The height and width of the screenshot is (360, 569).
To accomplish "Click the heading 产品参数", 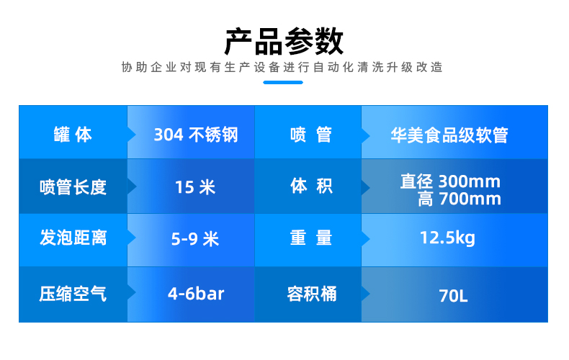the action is coord(284,41).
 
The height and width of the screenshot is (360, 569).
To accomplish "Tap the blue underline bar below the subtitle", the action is coord(283,82).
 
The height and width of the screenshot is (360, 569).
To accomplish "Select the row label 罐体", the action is coord(73,135).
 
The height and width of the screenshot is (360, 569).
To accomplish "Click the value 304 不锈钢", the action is coord(196,135).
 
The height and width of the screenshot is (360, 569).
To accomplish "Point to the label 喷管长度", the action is coord(73,187).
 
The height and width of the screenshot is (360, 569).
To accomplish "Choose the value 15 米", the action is coord(195,187).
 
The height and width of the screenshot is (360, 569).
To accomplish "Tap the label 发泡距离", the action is coord(73,238).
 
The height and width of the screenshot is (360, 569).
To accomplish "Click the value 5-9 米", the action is coord(195,239).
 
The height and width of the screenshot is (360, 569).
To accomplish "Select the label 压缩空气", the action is coord(73,294).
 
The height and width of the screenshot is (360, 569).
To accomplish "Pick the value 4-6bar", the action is coord(196,294).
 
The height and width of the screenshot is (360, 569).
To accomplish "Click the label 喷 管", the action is coord(311,135).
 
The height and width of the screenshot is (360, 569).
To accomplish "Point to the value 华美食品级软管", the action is coord(449,135).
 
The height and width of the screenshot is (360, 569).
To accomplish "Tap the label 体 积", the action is coord(311,186).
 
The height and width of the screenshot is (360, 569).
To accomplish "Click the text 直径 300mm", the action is coord(450,181).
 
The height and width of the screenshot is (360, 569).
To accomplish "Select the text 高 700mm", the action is coord(460,199).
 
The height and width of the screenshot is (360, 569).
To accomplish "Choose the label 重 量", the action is coord(311,238).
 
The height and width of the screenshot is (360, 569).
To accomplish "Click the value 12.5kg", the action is coord(447,238).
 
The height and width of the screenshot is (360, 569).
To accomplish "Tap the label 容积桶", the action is coord(312,294).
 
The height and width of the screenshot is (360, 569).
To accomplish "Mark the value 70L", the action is coord(453,296).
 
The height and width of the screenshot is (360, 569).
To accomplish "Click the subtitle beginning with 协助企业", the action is coord(282,67).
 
